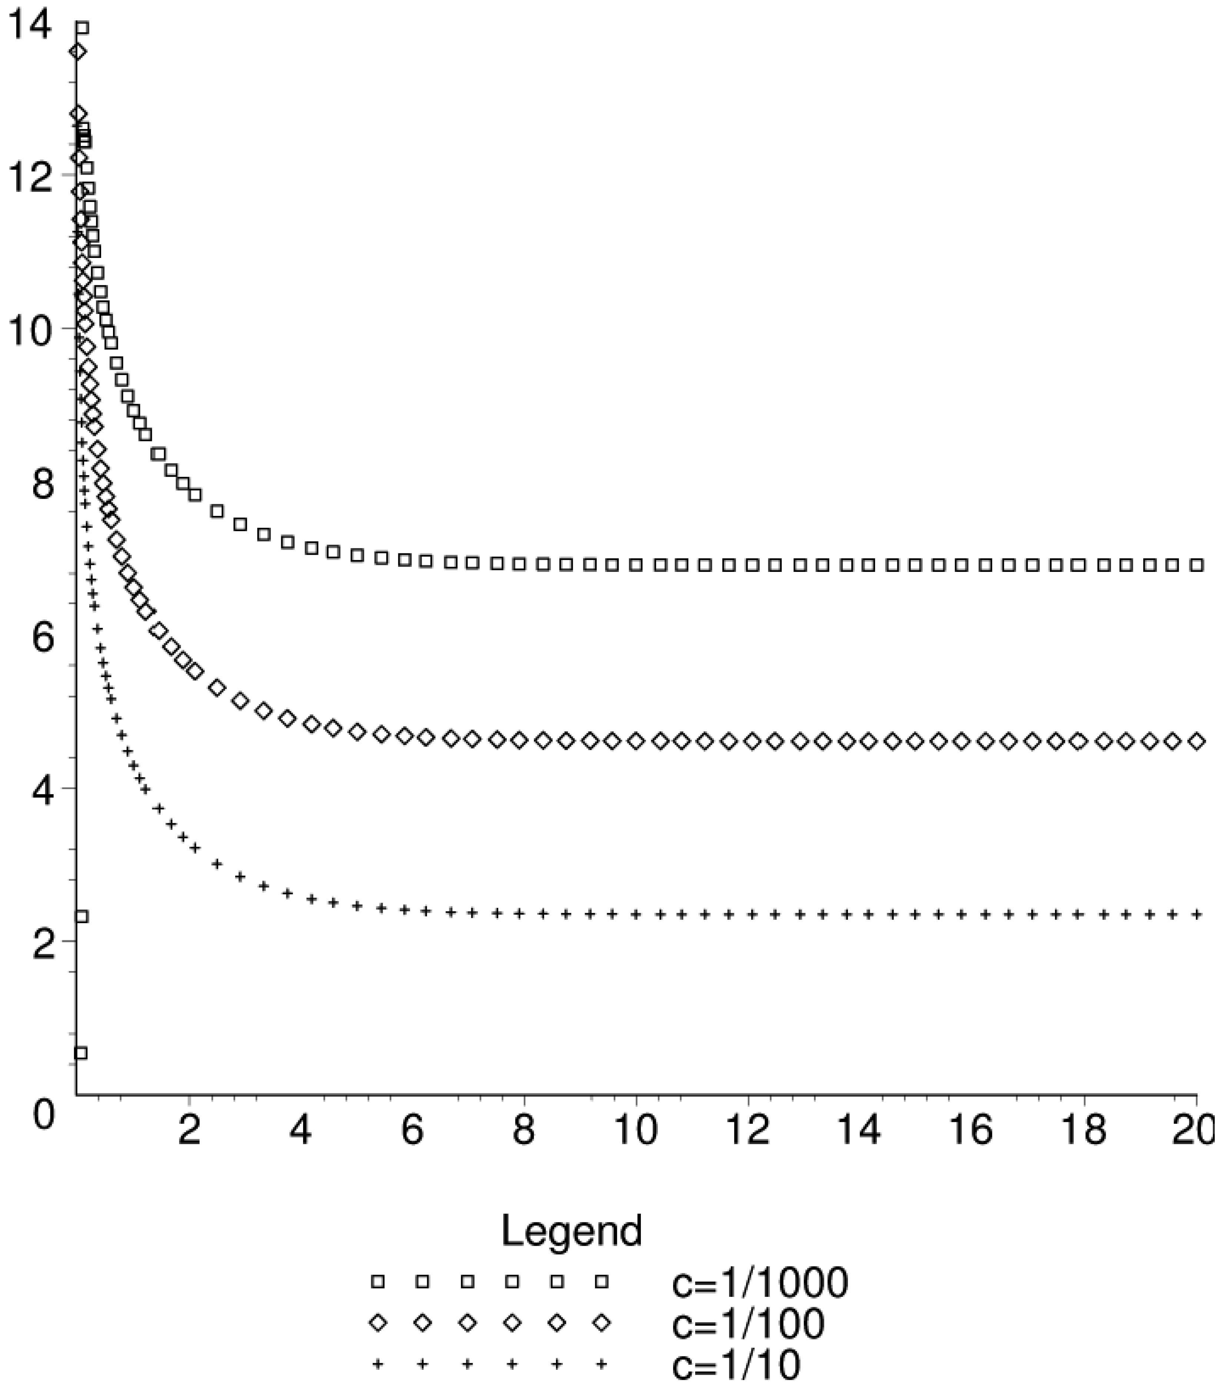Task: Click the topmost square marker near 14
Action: click(82, 28)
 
